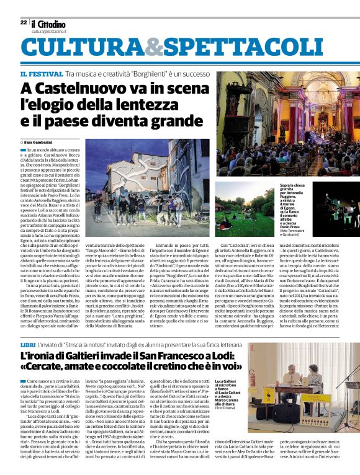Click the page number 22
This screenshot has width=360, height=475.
(x=24, y=22)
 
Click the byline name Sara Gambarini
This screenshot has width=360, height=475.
(x=44, y=142)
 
